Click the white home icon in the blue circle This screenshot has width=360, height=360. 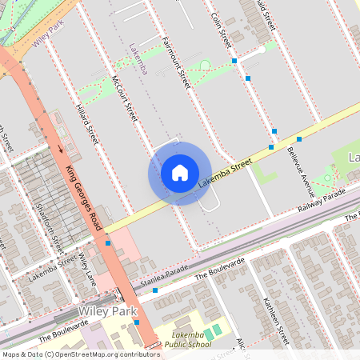pyautogui.click(x=179, y=172)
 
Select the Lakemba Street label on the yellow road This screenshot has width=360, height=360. pyautogui.click(x=225, y=173)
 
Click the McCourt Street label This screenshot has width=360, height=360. pyautogui.click(x=126, y=98)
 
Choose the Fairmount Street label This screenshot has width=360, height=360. pyautogui.click(x=174, y=62)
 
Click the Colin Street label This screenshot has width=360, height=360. pyautogui.click(x=221, y=29)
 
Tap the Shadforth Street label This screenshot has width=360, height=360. pyautogui.click(x=50, y=226)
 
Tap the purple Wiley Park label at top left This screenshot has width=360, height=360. pyautogui.click(x=48, y=35)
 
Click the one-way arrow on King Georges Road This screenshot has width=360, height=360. pyautogui.click(x=60, y=148)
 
